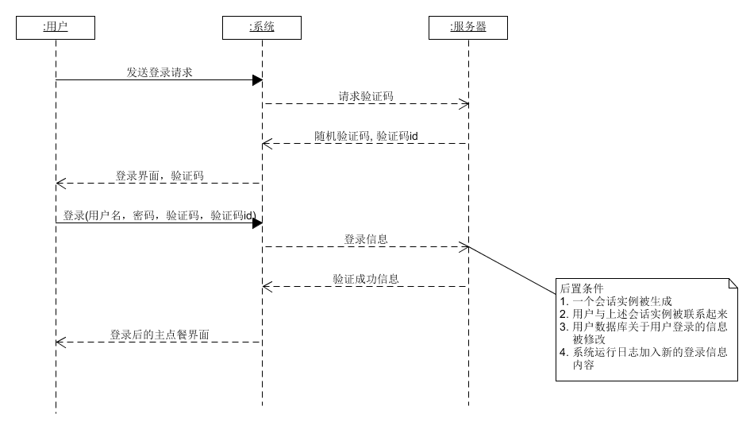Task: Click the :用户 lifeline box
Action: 56,28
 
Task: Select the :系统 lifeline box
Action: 262,28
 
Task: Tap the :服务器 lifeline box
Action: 468,28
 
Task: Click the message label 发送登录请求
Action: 160,72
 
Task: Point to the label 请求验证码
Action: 366,96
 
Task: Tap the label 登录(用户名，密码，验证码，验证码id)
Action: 159,215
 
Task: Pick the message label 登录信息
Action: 366,239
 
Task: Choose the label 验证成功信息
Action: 366,279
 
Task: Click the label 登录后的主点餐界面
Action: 160,335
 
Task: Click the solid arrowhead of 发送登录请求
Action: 257,79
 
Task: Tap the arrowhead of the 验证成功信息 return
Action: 267,286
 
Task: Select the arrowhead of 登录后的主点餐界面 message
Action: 60,342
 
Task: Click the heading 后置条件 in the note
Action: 582,288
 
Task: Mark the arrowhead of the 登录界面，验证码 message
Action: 60,183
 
